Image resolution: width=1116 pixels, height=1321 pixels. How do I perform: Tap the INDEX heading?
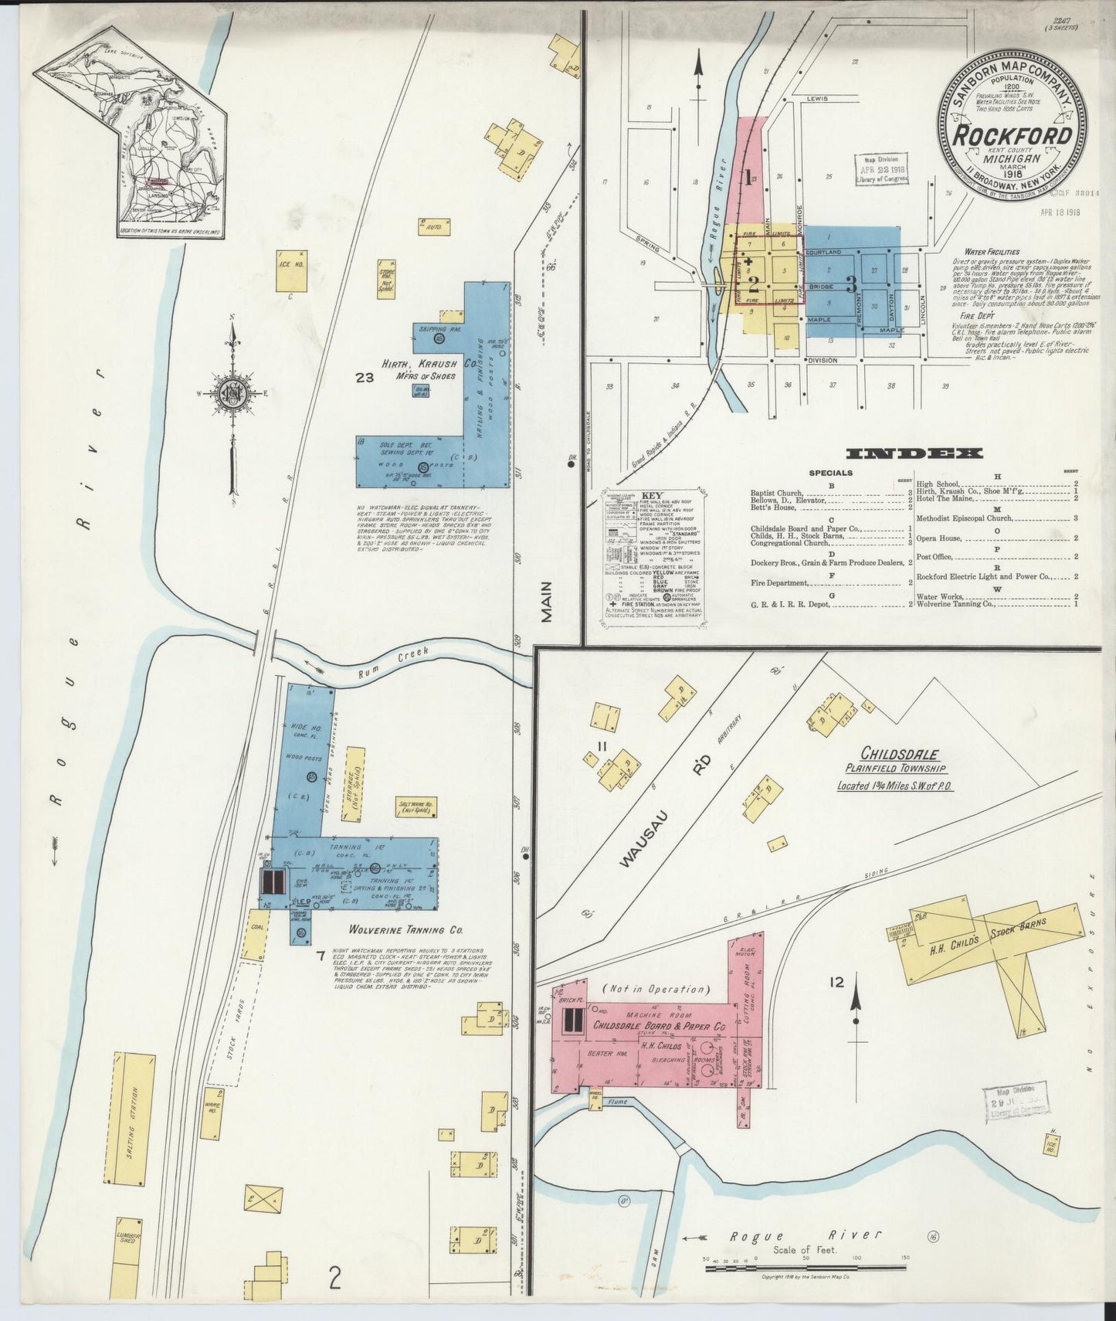914,453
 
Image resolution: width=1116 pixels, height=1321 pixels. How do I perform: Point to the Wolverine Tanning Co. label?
377,930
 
